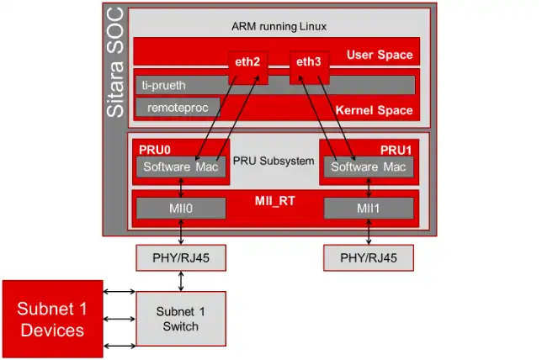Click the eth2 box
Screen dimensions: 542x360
(247, 68)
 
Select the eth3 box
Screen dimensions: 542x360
(309, 68)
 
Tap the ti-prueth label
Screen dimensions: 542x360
(163, 85)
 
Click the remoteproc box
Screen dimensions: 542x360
(178, 108)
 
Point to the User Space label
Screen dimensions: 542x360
(380, 55)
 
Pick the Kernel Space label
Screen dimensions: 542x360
(374, 110)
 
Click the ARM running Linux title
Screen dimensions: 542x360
(279, 27)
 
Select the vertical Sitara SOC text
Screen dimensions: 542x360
(115, 62)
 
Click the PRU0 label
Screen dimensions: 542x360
(155, 150)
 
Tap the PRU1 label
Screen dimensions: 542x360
(396, 151)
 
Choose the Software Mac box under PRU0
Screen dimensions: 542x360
(181, 167)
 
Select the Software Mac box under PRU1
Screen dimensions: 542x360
(369, 167)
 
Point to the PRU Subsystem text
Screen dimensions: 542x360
(274, 161)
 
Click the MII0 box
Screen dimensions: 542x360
(181, 208)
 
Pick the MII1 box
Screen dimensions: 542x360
(369, 208)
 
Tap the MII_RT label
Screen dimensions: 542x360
(275, 201)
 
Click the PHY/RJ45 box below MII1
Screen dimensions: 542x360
(369, 257)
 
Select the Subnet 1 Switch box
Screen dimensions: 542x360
(181, 319)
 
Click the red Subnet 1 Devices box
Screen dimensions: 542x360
(52, 319)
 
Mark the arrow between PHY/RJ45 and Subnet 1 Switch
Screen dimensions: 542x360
(181, 281)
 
